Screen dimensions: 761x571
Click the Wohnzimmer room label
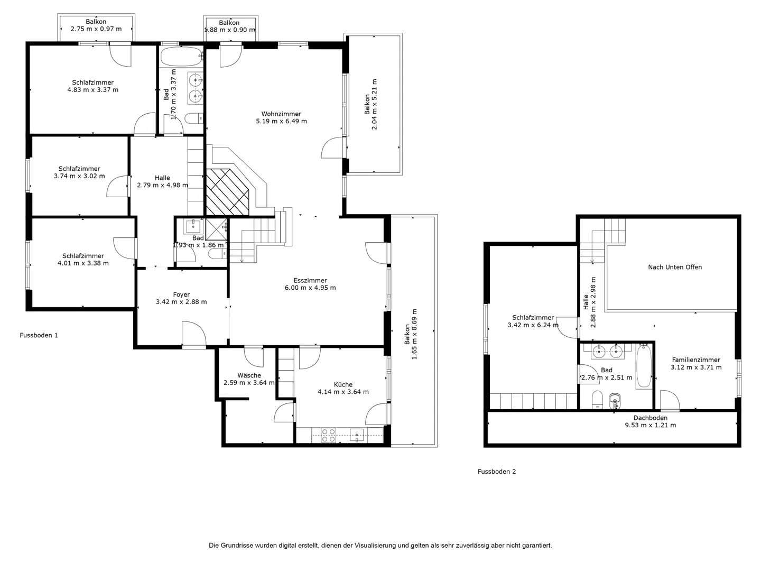[x=281, y=114]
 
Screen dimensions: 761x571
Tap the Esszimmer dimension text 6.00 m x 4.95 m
[x=310, y=288]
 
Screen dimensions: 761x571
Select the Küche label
[x=343, y=384]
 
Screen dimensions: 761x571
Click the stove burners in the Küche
[x=328, y=435]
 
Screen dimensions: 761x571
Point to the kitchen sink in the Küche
[x=356, y=435]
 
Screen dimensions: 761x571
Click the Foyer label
[x=181, y=294]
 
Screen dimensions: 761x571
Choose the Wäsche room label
[x=249, y=375]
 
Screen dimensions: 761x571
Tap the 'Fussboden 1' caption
[x=39, y=335]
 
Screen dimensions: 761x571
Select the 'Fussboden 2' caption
[x=496, y=472]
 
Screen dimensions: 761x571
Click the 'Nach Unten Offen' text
[x=675, y=267]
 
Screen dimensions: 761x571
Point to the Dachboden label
[x=651, y=418]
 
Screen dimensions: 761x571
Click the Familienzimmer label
[x=696, y=360]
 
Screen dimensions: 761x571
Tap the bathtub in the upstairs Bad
[x=644, y=366]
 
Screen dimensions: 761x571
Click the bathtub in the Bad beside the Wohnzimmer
[x=182, y=57]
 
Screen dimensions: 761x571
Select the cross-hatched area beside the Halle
[x=227, y=192]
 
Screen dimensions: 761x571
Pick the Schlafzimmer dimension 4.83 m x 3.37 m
[x=93, y=90]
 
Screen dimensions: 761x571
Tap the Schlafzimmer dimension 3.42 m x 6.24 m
[x=533, y=325]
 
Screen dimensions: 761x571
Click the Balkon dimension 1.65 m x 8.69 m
[x=414, y=334]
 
